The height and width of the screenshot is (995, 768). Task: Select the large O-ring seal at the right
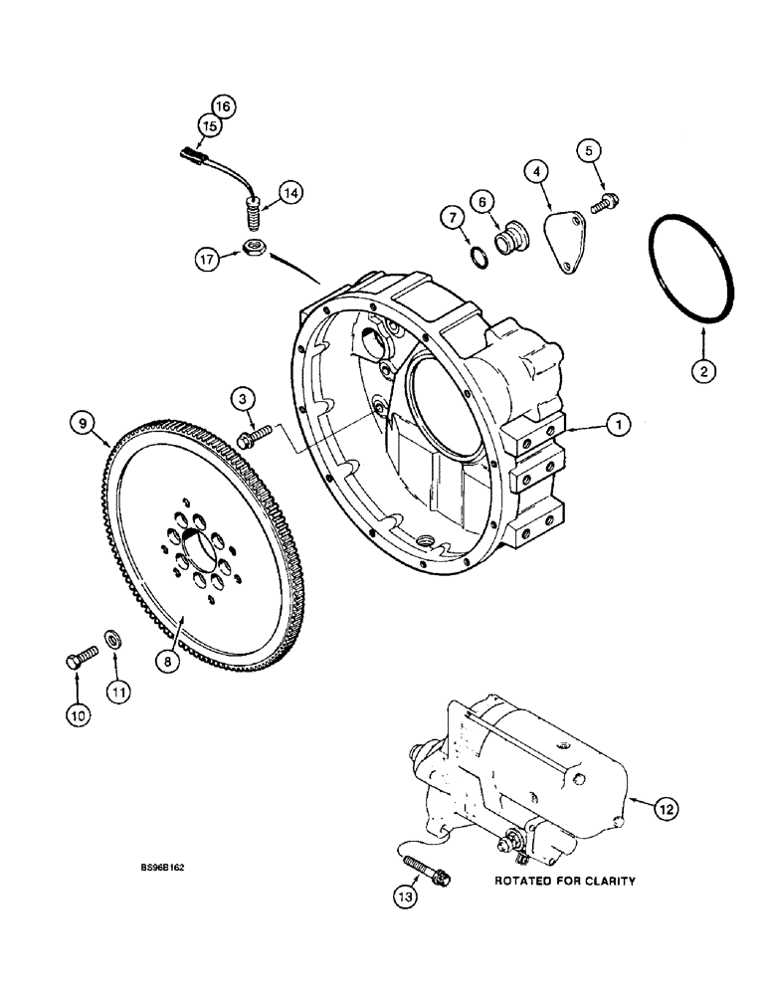694,255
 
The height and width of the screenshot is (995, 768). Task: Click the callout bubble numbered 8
172,657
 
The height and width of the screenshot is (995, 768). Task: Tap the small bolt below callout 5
604,203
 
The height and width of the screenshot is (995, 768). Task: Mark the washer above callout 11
113,637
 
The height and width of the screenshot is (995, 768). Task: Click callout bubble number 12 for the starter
666,810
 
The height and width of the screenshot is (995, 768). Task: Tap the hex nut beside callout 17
253,251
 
